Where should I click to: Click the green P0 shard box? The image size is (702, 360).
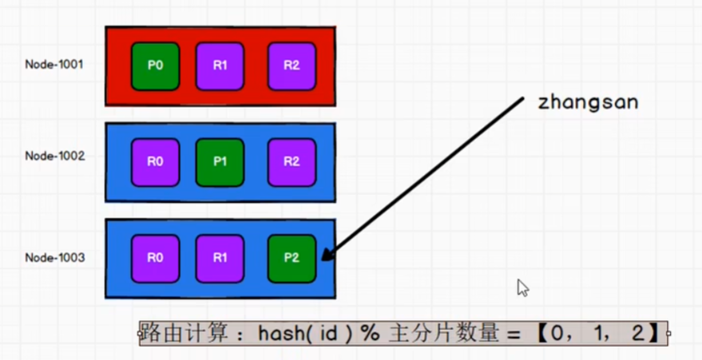pyautogui.click(x=156, y=66)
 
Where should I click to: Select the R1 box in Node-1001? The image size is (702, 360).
pyautogui.click(x=220, y=66)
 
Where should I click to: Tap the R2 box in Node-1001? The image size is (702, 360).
pyautogui.click(x=292, y=66)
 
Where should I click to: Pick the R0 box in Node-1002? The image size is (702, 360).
pyautogui.click(x=156, y=162)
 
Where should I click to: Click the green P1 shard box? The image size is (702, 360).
pyautogui.click(x=220, y=162)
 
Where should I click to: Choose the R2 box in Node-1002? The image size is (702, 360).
pyautogui.click(x=292, y=162)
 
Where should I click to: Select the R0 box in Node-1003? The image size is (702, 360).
pyautogui.click(x=156, y=259)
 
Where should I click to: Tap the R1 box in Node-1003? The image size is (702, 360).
pyautogui.click(x=220, y=259)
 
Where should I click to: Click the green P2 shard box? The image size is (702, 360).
pyautogui.click(x=292, y=259)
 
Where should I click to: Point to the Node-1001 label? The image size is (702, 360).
pyautogui.click(x=54, y=64)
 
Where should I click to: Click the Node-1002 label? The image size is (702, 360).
pyautogui.click(x=54, y=156)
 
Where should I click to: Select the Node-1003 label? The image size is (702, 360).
pyautogui.click(x=54, y=258)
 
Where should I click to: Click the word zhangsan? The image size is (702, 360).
pyautogui.click(x=588, y=103)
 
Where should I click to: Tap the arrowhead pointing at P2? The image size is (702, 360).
pyautogui.click(x=327, y=255)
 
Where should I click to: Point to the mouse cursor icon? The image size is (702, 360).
pyautogui.click(x=522, y=288)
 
